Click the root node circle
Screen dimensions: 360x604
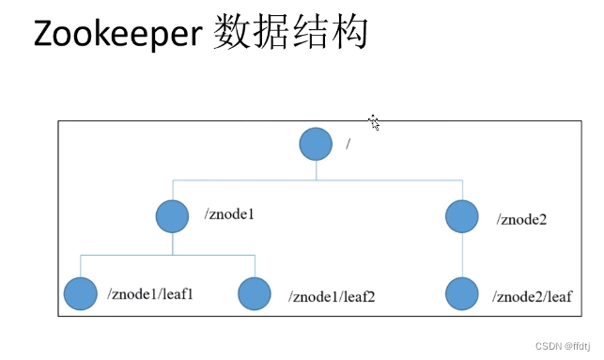point(317,144)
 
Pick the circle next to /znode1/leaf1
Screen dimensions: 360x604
point(80,293)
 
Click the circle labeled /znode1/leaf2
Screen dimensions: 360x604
point(255,293)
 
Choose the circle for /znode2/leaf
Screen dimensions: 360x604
point(461,293)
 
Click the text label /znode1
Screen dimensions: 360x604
point(230,215)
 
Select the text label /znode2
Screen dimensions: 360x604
point(523,220)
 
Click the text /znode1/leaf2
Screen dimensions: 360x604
point(331,298)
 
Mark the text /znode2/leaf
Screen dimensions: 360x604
point(532,298)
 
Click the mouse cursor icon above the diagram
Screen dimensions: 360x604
point(374,122)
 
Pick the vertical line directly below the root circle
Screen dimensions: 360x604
point(317,169)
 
